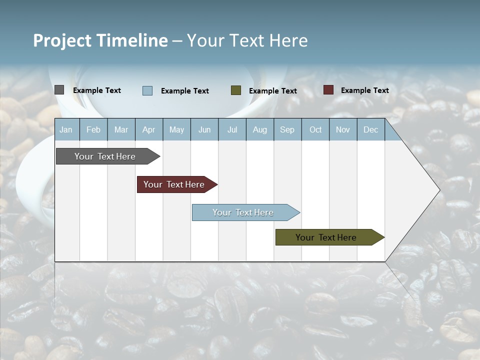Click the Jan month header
click(x=66, y=129)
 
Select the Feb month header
click(x=93, y=129)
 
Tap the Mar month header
click(x=121, y=129)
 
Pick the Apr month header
click(x=148, y=129)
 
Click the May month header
click(x=176, y=129)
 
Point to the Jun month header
click(x=204, y=129)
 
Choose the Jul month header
click(x=232, y=129)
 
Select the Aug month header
click(x=259, y=129)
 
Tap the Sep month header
click(x=287, y=129)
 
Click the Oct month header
click(x=315, y=129)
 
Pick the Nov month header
click(x=343, y=129)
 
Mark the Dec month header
click(x=370, y=129)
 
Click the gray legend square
click(x=59, y=90)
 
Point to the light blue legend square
click(x=147, y=90)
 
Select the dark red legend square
click(x=328, y=90)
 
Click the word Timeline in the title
click(x=132, y=40)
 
